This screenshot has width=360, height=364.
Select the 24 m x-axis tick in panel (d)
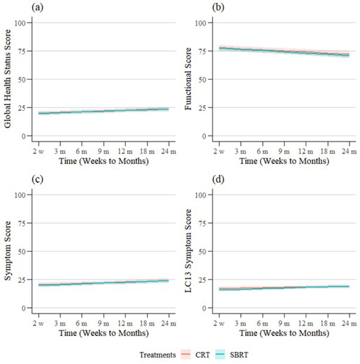(348, 316)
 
